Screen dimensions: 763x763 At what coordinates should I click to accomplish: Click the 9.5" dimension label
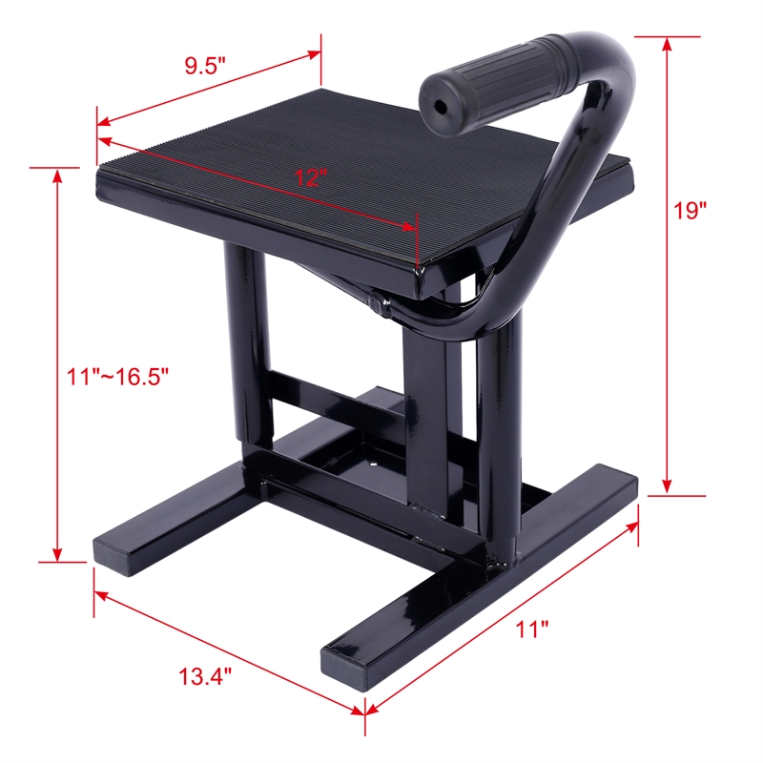[x=204, y=67]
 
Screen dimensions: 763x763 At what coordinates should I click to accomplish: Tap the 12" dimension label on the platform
[x=310, y=177]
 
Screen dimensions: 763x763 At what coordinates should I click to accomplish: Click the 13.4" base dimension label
[x=204, y=678]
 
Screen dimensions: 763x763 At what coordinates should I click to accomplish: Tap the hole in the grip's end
[x=442, y=108]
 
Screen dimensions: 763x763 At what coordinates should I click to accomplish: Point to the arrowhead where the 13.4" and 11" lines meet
[x=362, y=711]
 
